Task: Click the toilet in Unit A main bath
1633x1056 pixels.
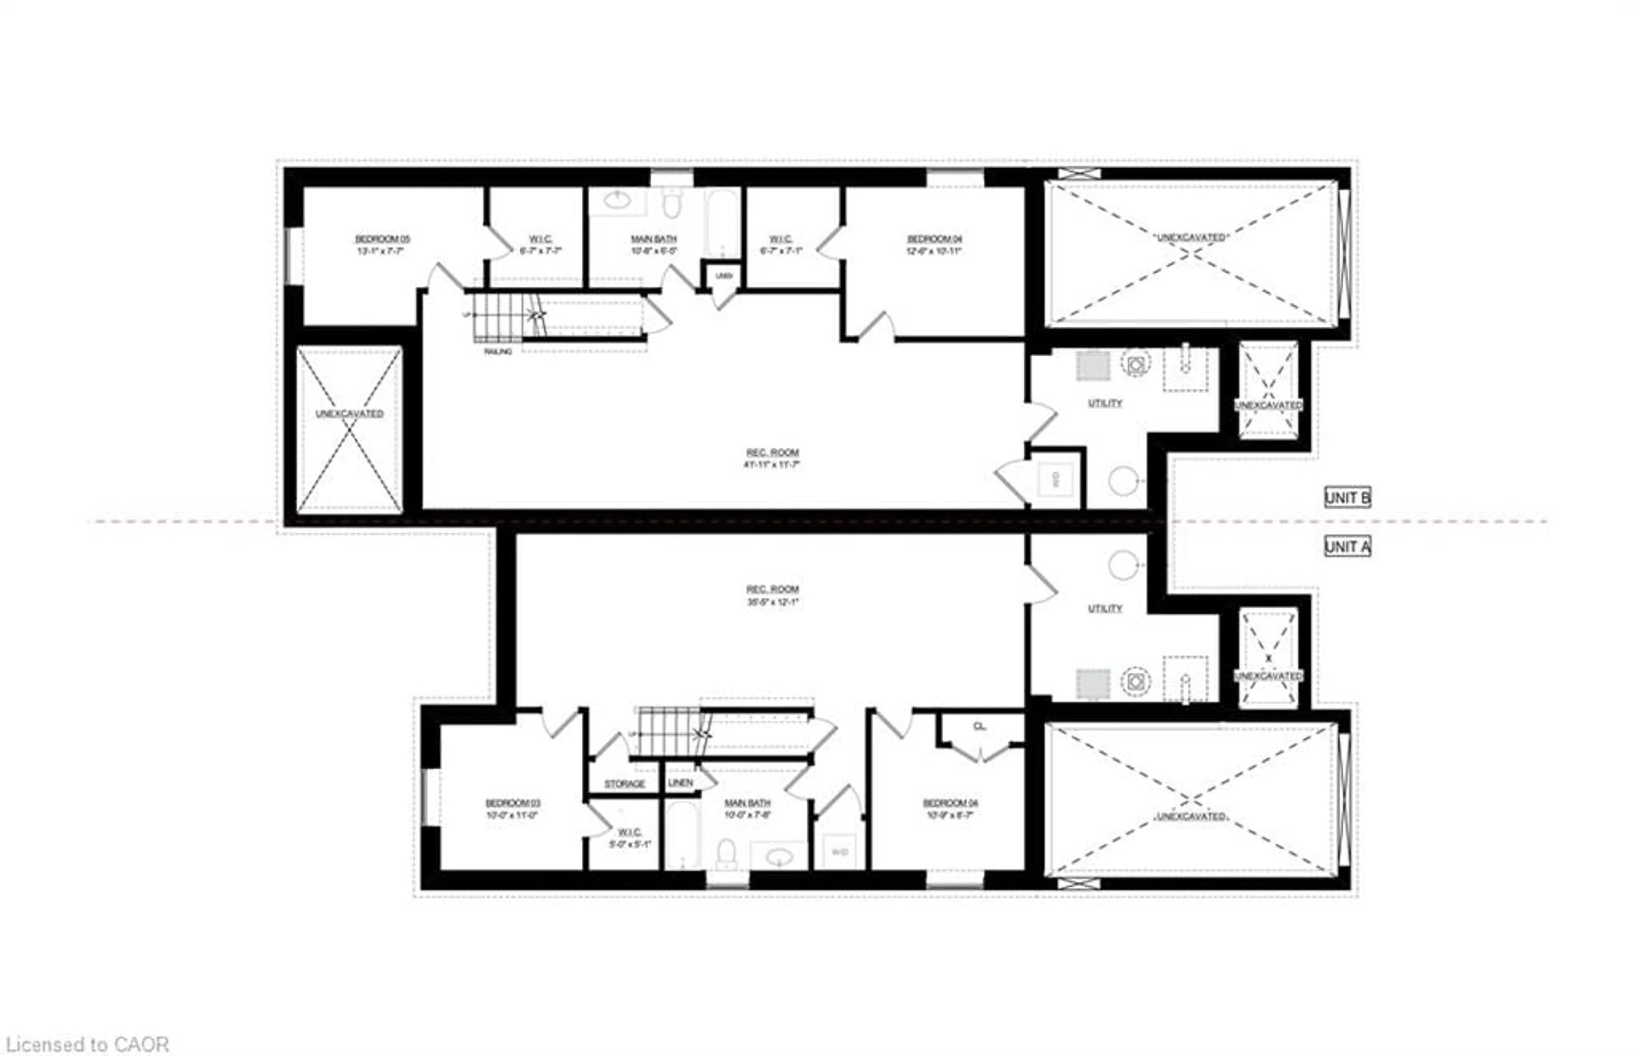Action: pos(726,854)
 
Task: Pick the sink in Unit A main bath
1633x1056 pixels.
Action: pos(778,857)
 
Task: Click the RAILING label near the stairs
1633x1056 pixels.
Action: pos(498,352)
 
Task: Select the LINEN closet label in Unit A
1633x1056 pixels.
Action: pos(680,783)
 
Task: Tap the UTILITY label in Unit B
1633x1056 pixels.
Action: pos(1104,403)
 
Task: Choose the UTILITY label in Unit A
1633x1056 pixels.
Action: pos(1104,608)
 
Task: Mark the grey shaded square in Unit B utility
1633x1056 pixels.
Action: pos(1093,365)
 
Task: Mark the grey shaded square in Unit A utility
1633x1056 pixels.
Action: pos(1093,684)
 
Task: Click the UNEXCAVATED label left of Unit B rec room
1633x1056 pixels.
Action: pos(349,414)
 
